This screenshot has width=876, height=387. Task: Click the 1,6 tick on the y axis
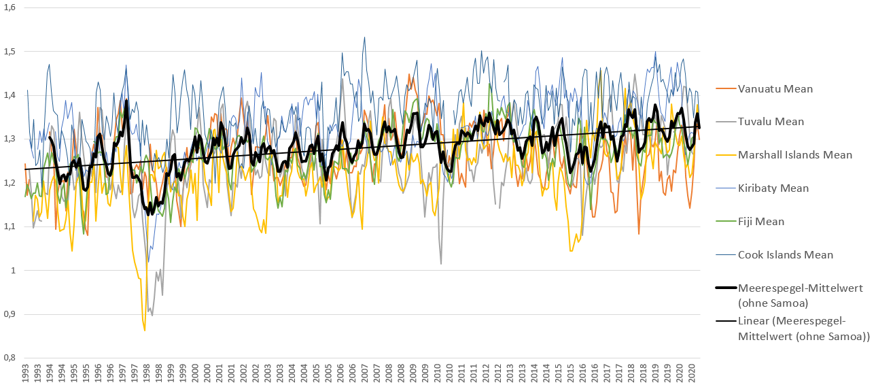[11, 7]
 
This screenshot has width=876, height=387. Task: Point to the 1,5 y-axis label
[11, 51]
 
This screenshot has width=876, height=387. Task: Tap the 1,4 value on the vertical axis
[11, 95]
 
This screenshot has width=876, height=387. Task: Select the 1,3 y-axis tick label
[11, 139]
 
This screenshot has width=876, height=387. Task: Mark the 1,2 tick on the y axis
[11, 183]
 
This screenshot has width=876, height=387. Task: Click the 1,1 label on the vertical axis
[11, 226]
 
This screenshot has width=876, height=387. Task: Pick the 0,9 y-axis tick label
[11, 314]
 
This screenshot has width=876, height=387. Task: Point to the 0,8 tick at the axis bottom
[11, 358]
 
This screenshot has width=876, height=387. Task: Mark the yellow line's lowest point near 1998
[145, 331]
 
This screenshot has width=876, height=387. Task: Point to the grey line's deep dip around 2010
[441, 263]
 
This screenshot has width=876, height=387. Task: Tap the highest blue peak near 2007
[365, 37]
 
